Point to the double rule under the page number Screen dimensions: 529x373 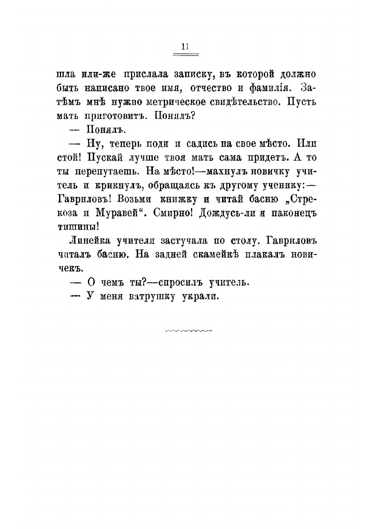click(185, 54)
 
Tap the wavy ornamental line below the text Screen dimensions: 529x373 click(188, 330)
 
